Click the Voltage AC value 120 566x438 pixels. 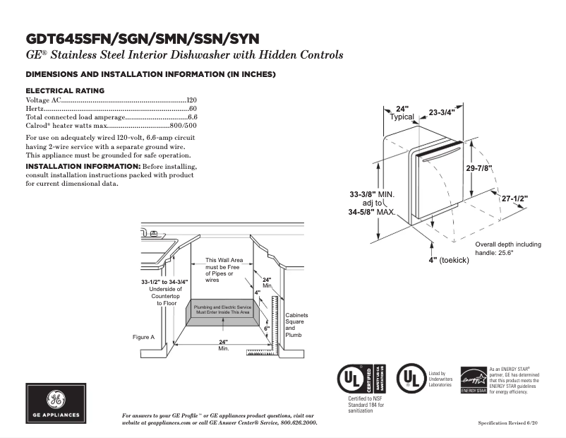(191, 100)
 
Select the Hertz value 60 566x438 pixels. (193, 109)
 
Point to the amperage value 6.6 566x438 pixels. (192, 117)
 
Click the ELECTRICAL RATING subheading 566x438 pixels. (65, 90)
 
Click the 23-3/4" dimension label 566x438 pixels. (442, 112)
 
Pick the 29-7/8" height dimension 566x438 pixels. (478, 168)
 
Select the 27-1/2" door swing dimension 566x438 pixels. (514, 199)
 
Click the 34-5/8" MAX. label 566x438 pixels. (372, 212)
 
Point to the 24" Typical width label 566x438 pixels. (402, 113)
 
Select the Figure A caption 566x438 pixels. (143, 337)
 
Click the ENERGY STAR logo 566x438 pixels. (473, 380)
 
